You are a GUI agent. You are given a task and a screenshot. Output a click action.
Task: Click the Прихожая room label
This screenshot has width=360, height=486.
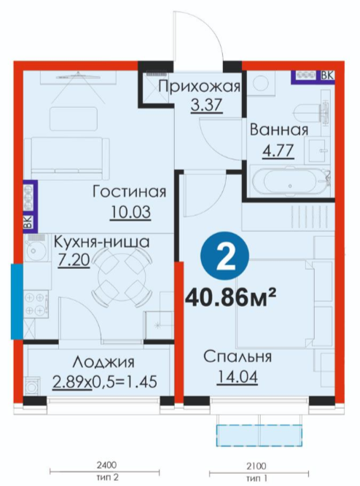click(200, 87)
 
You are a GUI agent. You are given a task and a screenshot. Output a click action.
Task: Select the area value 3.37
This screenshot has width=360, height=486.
click(207, 105)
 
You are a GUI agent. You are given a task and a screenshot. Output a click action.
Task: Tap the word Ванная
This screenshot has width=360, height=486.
click(279, 130)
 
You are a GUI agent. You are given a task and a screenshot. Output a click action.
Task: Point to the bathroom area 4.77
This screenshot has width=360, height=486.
click(278, 152)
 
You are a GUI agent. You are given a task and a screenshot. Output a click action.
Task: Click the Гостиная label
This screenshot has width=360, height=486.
click(130, 192)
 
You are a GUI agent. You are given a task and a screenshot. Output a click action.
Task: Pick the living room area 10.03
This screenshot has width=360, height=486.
click(130, 212)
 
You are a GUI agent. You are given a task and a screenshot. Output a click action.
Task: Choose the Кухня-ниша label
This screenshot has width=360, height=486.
click(102, 242)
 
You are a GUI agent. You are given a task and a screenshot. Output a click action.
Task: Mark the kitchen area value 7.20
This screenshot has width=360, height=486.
click(74, 259)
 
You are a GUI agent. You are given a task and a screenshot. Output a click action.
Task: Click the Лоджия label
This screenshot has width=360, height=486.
click(104, 362)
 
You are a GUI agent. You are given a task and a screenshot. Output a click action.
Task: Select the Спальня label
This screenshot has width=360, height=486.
click(238, 357)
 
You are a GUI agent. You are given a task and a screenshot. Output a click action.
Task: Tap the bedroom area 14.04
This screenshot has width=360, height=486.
click(238, 377)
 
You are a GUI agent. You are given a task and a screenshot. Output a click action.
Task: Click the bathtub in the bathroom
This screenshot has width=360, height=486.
click(290, 183)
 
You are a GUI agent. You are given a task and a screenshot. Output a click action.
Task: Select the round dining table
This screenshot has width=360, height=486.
click(122, 277)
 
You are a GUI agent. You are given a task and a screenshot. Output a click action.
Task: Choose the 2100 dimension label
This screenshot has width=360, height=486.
click(257, 466)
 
